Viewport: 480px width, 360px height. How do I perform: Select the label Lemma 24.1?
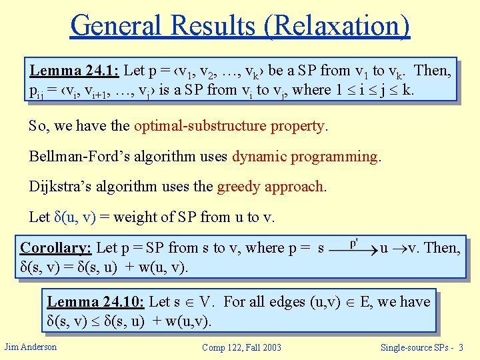(73, 71)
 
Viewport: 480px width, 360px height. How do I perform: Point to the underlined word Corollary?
(56, 248)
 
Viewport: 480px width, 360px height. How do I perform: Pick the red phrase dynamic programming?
(305, 157)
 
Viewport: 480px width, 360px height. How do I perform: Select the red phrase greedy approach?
(271, 187)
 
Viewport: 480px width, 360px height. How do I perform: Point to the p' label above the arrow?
(354, 240)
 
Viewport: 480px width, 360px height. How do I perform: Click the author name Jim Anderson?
(30, 347)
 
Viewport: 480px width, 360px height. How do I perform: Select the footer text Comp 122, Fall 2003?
(242, 347)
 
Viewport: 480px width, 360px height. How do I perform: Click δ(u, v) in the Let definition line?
(75, 217)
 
